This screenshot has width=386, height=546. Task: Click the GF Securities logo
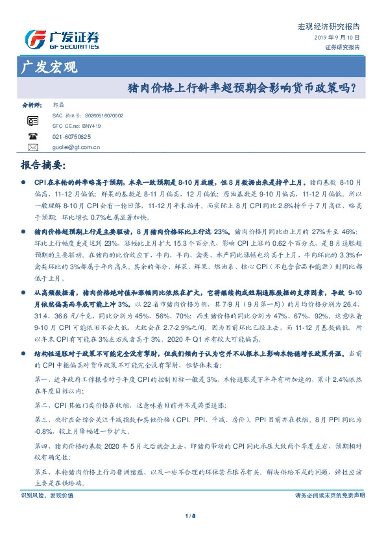62,40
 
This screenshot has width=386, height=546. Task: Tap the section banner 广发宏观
49,66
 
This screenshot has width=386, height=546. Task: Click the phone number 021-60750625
72,137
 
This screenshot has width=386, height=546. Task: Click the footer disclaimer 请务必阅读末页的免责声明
330,495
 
